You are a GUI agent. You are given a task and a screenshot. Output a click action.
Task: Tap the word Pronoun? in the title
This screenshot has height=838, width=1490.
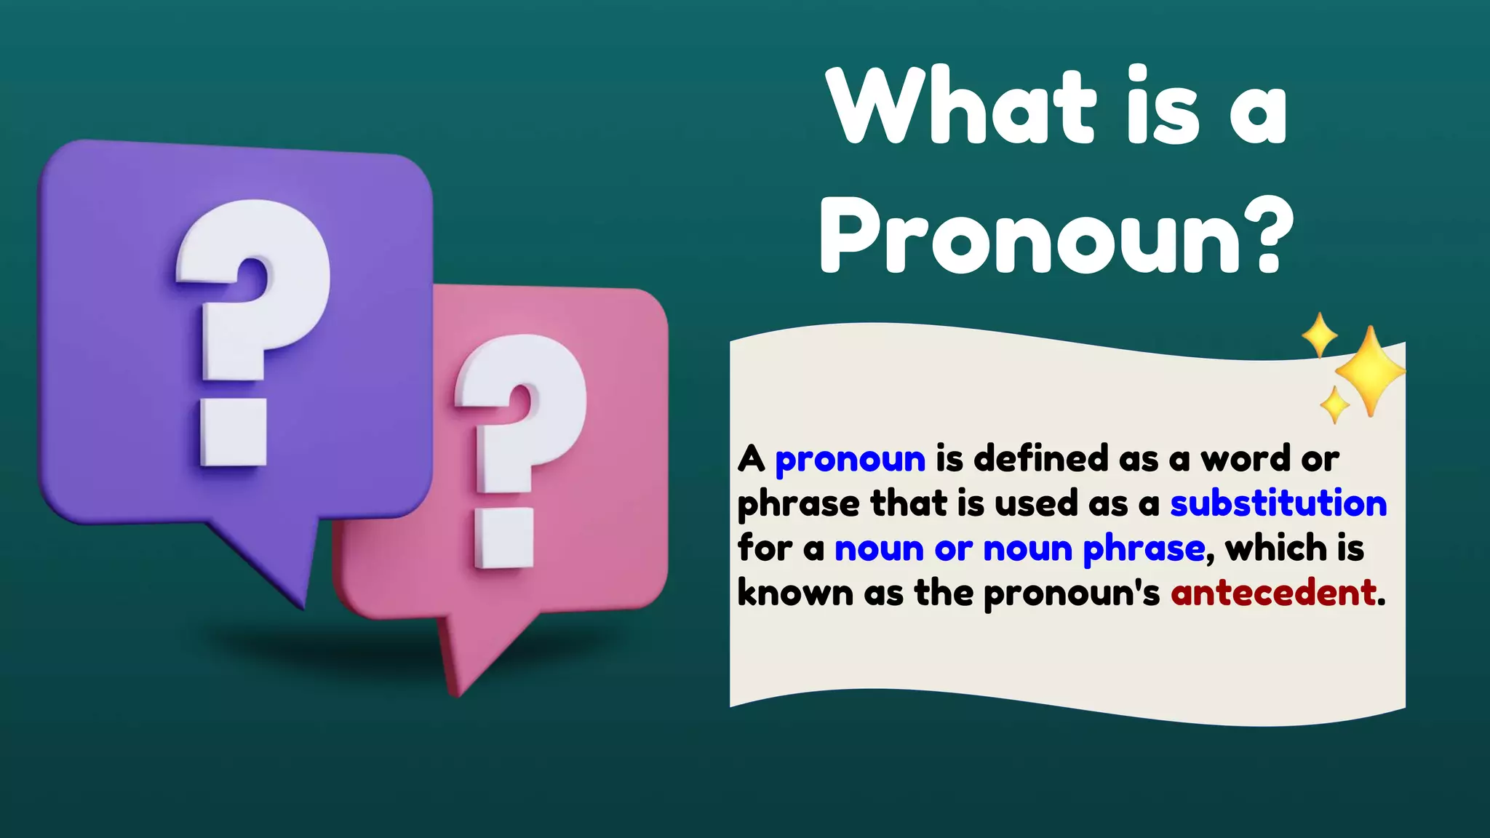pos(1056,236)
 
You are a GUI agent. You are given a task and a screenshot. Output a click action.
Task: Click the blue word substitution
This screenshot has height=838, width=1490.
pos(1278,503)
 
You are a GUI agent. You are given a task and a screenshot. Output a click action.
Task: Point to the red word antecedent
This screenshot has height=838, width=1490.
pos(1273,593)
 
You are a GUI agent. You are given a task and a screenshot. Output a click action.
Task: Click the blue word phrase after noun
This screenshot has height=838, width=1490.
pos(1144,549)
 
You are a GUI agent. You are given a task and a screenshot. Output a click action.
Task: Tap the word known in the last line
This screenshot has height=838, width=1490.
pos(794,592)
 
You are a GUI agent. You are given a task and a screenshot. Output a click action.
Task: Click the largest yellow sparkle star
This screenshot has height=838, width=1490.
pos(1370,371)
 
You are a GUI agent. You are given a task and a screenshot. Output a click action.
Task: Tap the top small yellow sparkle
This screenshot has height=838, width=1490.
pos(1319,335)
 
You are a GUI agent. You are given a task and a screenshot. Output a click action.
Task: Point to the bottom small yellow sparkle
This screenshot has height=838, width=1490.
pos(1334,404)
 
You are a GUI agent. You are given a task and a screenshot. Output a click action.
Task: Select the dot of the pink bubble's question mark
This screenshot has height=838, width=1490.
pos(504,538)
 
